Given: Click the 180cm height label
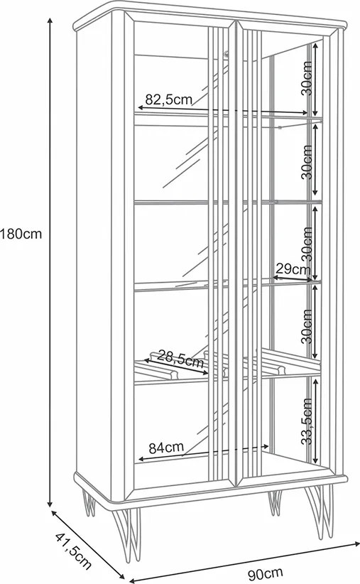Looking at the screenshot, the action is tap(21, 234).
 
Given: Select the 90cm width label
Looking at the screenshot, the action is tap(266, 573).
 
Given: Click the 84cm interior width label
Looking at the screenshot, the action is tap(166, 448).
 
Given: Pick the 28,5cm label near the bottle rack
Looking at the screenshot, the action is tap(180, 357).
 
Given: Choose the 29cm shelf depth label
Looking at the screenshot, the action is tap(293, 268).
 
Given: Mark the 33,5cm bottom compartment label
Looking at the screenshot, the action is tap(307, 421).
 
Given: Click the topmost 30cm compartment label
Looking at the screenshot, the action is tap(307, 79).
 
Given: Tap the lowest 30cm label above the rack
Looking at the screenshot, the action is tap(307, 326).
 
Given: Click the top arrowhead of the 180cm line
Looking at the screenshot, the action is tap(50, 21).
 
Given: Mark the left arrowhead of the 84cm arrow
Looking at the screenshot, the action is tap(142, 459).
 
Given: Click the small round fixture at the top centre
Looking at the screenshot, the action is tap(226, 54).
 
